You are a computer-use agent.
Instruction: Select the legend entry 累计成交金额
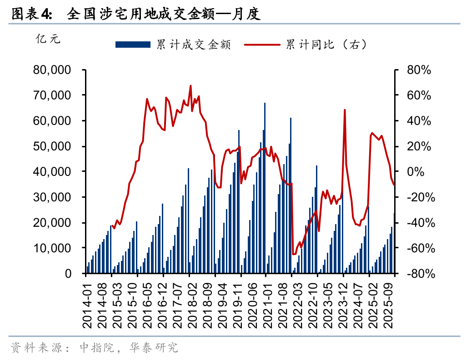coord(194,45)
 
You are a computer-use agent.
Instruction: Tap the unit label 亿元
coord(48,39)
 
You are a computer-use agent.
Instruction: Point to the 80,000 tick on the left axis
coord(51,70)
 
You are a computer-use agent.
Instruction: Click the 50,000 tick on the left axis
coord(51,146)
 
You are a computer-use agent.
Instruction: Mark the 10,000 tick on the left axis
coord(51,248)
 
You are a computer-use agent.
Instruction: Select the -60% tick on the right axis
coord(417,248)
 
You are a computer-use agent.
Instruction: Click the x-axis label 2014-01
coord(87,304)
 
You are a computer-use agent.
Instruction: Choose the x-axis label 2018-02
coord(190,304)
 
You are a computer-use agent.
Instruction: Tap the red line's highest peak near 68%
coord(190,85)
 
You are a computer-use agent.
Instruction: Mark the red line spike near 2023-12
coord(345,110)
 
